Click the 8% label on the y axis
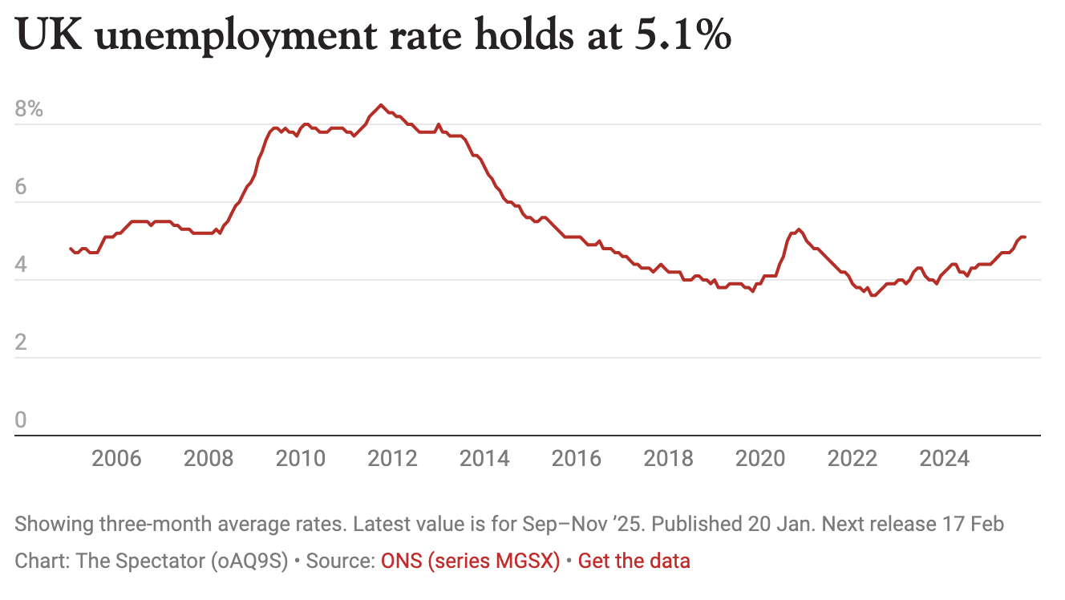[29, 109]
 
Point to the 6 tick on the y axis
[21, 187]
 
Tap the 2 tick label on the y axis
[21, 343]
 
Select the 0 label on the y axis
[21, 420]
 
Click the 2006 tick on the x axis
[116, 459]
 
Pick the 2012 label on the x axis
[392, 459]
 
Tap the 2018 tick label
[669, 459]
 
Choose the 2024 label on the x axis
[945, 459]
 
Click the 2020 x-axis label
[761, 459]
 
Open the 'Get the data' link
[634, 561]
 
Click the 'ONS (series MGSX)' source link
[470, 561]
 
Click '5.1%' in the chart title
[682, 36]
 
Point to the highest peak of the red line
[381, 105]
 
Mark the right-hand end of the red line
[1026, 237]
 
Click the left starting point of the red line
[71, 249]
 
